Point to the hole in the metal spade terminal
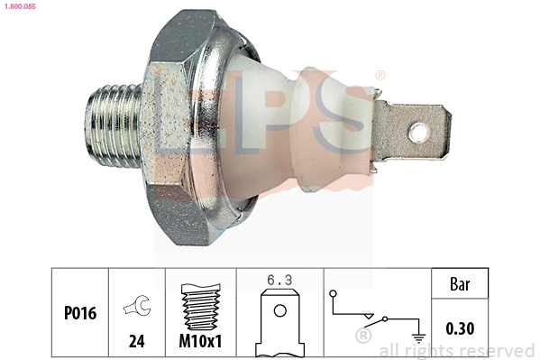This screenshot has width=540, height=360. tap(418, 134)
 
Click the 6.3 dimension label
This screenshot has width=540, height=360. tap(280, 282)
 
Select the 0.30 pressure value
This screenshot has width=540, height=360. tap(461, 329)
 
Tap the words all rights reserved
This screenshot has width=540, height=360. tap(457, 350)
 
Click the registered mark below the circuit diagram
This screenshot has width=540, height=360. tap(363, 336)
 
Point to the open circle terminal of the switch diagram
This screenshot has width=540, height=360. tap(334, 294)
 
